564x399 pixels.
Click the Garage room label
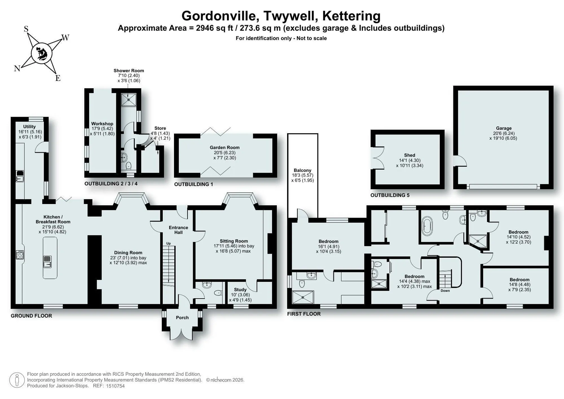504,128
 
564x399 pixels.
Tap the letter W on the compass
65,38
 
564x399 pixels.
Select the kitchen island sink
47,261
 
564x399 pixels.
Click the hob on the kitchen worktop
20,255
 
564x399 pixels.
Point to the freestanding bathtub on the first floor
427,226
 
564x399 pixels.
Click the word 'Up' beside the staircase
168,243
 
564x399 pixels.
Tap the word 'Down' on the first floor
445,291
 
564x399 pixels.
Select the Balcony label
303,170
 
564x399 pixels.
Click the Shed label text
409,155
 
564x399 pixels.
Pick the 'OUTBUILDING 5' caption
390,195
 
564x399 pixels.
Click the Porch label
182,317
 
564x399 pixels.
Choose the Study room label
240,290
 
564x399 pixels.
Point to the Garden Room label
224,147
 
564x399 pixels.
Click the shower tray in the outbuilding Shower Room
129,100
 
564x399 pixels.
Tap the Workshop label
102,124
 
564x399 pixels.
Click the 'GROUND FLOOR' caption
31,316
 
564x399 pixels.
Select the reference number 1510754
115,386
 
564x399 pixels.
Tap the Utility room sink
20,176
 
